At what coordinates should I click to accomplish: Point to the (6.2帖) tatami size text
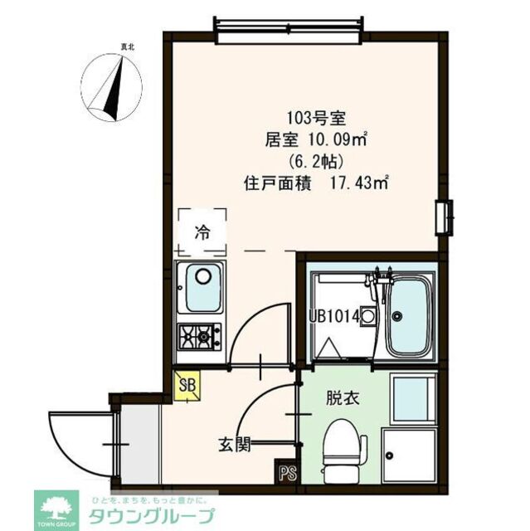[x=312, y=161]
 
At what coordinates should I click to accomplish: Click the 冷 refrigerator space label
[x=202, y=233]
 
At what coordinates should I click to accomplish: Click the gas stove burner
[x=199, y=336]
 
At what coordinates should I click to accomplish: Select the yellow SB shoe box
[x=187, y=387]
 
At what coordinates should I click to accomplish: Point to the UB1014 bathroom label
[x=333, y=315]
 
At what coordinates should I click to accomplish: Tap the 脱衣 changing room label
[x=342, y=398]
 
